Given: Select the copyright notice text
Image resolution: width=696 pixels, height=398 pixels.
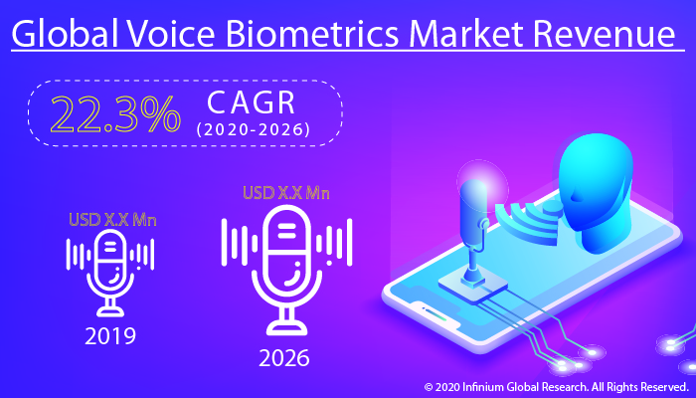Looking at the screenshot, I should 556,385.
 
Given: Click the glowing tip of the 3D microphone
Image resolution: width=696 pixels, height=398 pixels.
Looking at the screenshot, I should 474,177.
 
